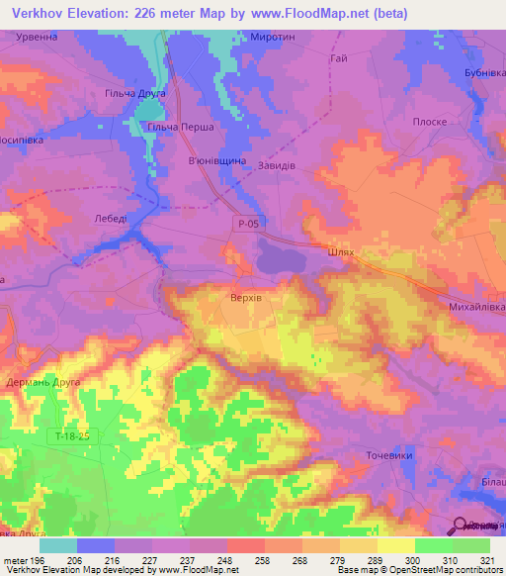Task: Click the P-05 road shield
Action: pyautogui.click(x=248, y=226)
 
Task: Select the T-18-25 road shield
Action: pyautogui.click(x=72, y=435)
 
